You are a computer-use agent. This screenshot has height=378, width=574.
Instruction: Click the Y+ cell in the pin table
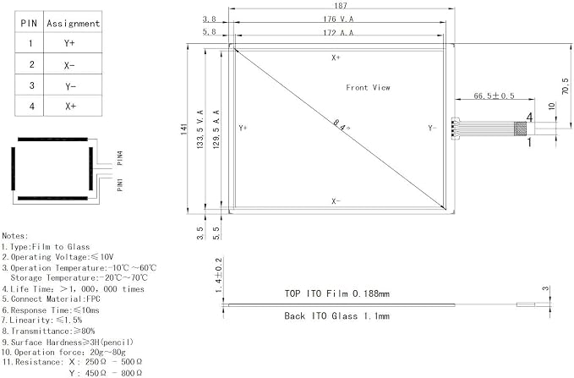[69, 43]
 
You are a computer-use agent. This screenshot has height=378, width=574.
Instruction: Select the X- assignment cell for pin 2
[69, 65]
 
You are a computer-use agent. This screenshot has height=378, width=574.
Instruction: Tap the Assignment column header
[73, 24]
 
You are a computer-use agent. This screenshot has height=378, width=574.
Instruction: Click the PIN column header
[29, 24]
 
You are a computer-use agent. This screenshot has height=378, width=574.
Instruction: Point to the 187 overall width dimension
[341, 5]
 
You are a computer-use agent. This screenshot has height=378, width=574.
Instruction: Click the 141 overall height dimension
[183, 129]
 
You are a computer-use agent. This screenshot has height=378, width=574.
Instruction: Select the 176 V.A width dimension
[338, 19]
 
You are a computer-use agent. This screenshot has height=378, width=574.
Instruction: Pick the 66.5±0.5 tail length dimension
[494, 96]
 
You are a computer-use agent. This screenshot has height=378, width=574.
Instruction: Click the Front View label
[368, 88]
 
